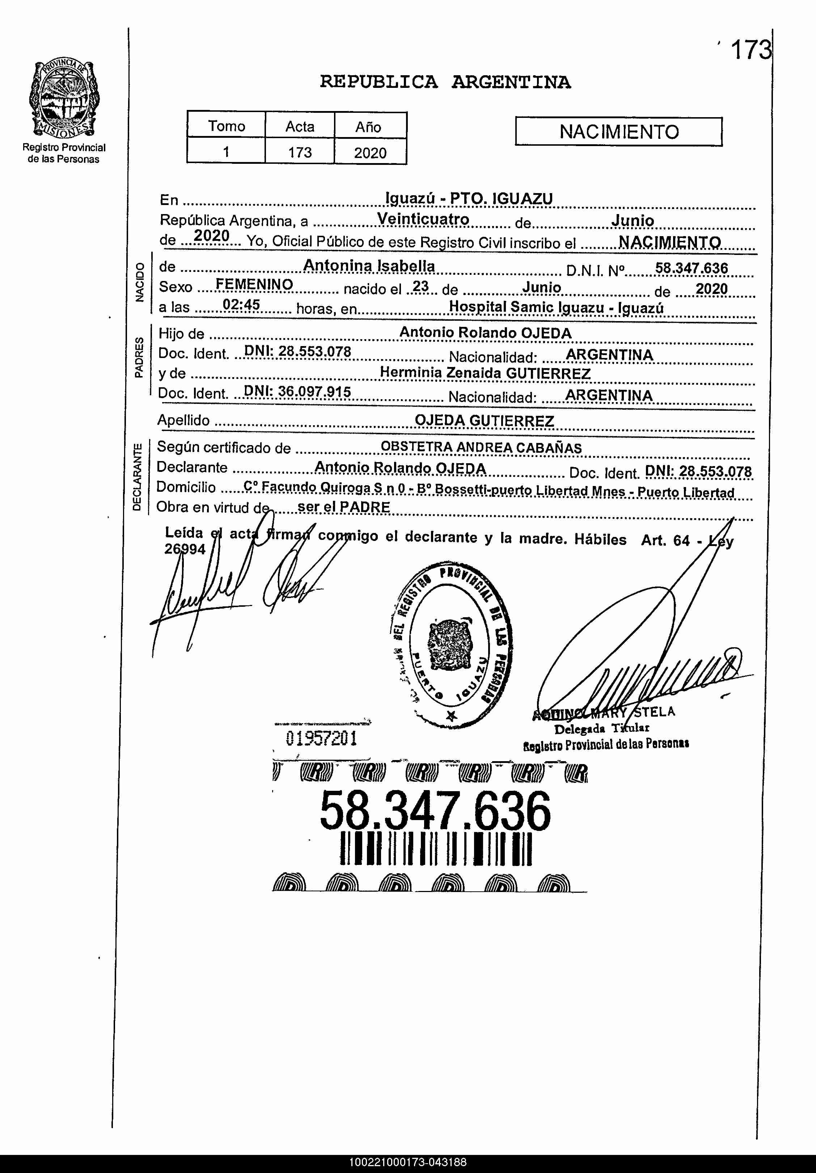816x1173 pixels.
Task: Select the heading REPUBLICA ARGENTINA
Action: [445, 82]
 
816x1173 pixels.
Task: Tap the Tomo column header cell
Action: [226, 126]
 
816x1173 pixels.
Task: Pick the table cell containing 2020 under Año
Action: [370, 152]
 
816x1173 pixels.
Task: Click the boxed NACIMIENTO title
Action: [619, 132]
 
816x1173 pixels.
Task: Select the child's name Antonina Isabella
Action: [369, 266]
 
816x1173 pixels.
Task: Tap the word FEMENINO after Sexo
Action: [254, 284]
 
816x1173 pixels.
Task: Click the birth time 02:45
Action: [241, 305]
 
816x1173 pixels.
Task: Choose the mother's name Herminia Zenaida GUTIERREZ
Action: [485, 373]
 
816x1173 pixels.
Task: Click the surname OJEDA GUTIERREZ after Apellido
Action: [484, 421]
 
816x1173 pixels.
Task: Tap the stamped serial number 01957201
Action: [321, 738]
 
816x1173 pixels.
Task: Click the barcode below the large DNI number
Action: [436, 849]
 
